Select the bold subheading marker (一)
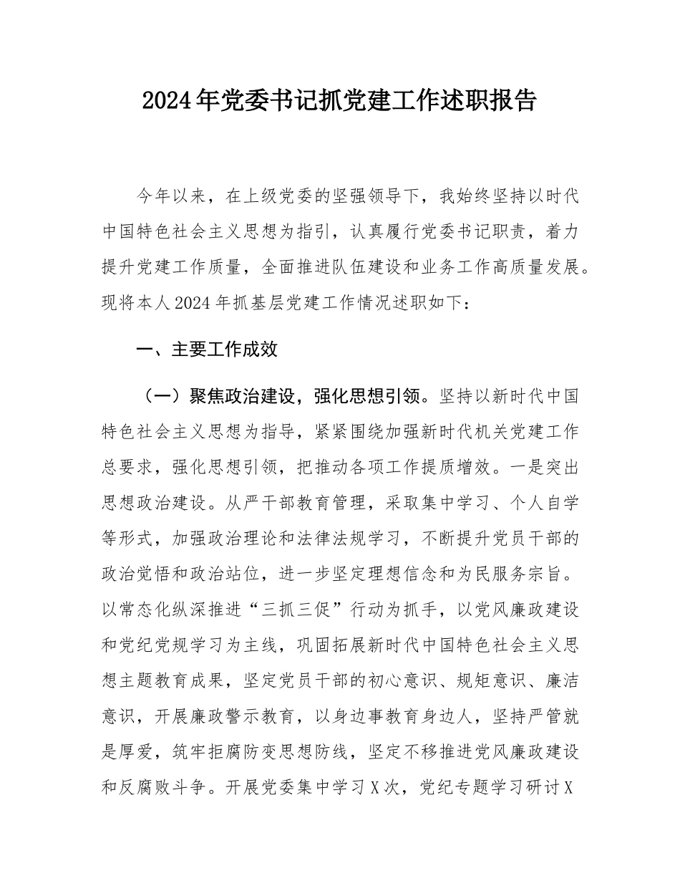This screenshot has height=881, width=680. pos(155,397)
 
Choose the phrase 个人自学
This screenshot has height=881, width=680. pos(544,503)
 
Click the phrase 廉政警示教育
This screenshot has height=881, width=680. pos(258,716)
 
